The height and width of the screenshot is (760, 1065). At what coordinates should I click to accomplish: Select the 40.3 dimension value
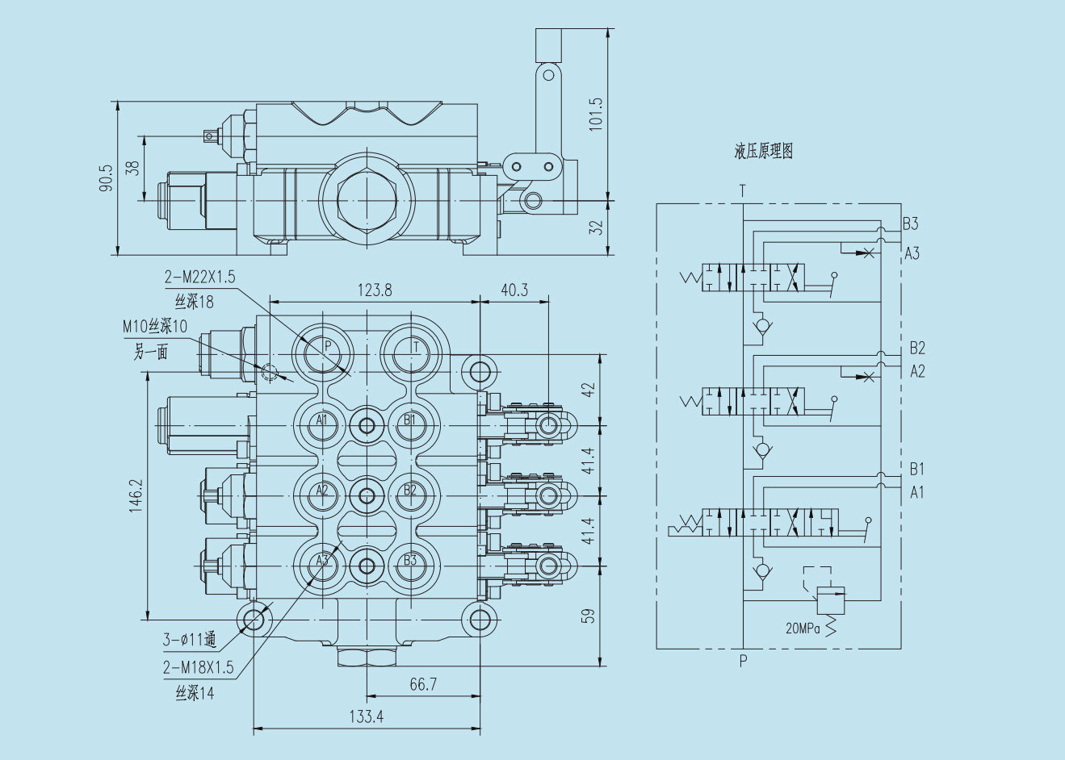click(514, 290)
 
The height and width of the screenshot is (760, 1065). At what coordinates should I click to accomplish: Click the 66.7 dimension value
click(423, 684)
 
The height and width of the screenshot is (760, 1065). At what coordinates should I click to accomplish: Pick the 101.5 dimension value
click(596, 114)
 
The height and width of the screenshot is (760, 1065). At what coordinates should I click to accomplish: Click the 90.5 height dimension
click(106, 178)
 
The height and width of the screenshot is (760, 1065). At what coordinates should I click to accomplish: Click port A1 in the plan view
click(322, 420)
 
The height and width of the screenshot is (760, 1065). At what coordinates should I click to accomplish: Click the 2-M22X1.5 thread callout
click(199, 278)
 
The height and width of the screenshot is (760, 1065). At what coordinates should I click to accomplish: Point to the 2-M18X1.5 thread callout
click(198, 667)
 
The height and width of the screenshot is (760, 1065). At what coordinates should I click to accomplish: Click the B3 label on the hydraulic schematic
click(911, 224)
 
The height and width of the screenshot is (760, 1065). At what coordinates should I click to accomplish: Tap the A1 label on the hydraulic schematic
click(916, 492)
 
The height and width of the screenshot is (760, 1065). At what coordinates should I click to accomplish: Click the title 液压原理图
click(763, 152)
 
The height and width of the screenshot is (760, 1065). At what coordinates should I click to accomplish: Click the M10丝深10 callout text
click(155, 327)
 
